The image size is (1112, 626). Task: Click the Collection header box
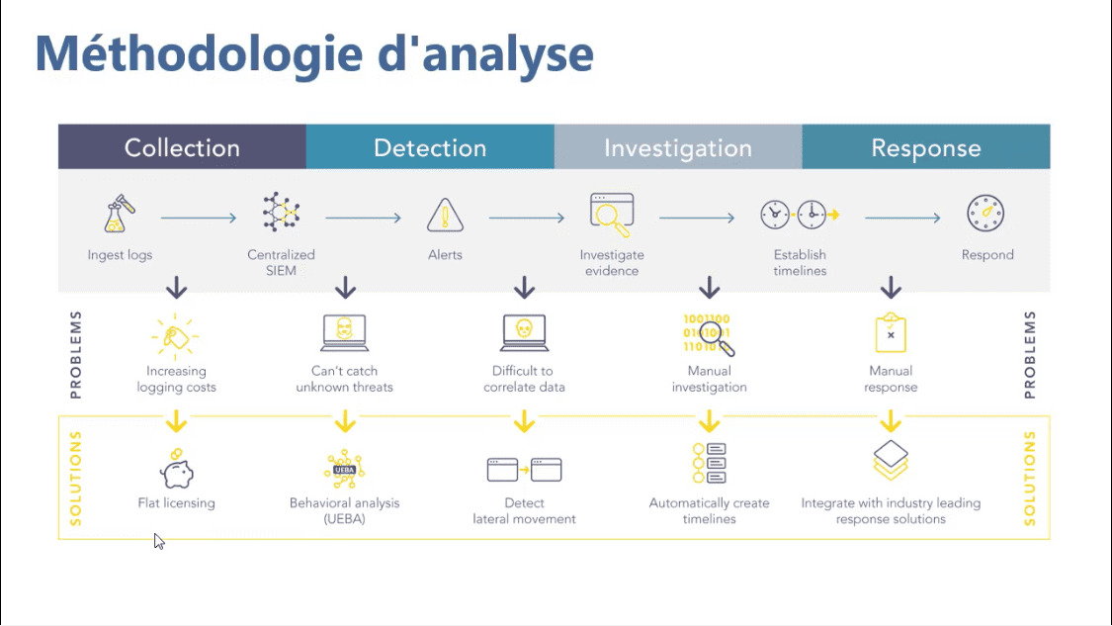182,148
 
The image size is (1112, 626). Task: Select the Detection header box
430,148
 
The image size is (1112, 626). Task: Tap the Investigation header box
678,148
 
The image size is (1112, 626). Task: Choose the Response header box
926,148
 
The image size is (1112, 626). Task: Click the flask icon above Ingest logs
120,214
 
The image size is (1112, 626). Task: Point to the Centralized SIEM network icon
281,213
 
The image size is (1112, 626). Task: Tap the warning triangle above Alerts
445,215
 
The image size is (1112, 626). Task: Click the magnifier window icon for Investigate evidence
611,215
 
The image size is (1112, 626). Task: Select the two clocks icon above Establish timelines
799,214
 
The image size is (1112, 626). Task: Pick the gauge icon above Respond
985,214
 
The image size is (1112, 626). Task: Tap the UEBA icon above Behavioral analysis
344,467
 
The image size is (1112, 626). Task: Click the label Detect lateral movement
524,510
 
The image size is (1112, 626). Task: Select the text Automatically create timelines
709,510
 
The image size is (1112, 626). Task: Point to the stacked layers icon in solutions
891,460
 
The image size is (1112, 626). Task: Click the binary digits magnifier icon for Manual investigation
709,334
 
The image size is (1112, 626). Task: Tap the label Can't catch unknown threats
344,379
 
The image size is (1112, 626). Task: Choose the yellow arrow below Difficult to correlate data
524,422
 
